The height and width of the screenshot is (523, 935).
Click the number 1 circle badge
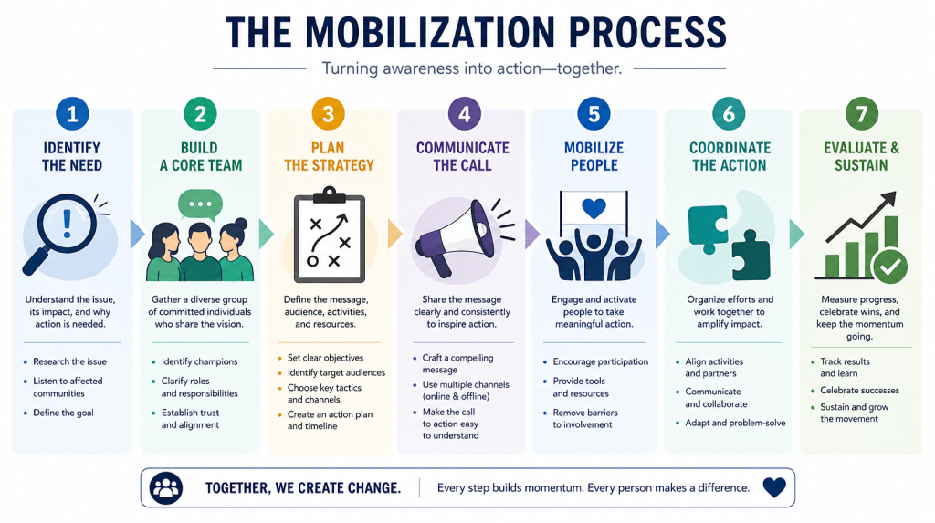(72, 113)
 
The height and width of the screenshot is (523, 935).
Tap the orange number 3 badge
(328, 113)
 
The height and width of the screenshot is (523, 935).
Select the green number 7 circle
(862, 113)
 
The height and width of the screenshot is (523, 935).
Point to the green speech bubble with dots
(200, 204)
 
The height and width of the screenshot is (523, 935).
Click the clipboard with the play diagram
(329, 235)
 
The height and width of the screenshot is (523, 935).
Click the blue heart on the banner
(594, 208)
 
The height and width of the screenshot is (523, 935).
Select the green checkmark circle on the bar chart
(889, 267)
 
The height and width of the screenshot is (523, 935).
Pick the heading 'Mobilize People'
(594, 156)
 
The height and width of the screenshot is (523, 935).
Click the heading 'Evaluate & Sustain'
(862, 156)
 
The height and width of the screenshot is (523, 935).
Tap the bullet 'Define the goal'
(63, 413)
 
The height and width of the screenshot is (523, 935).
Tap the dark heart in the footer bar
(774, 487)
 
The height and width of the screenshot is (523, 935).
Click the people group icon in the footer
(166, 487)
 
